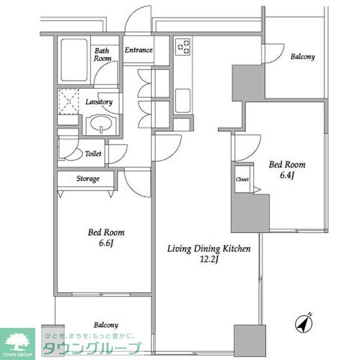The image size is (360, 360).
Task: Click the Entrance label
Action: (x=138, y=50)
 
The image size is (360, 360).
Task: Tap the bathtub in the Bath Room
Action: (x=75, y=59)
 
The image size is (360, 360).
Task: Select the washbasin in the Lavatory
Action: (x=100, y=123)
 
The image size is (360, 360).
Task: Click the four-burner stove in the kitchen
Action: (x=184, y=47)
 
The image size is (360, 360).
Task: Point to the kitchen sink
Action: (x=184, y=101)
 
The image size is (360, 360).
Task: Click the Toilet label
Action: (x=92, y=153)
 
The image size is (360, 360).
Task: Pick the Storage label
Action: (x=88, y=179)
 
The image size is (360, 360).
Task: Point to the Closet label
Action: (x=242, y=179)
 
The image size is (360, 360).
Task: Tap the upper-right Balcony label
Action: (x=303, y=57)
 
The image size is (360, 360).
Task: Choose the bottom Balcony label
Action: (x=106, y=325)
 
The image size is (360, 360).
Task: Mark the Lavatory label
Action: (x=99, y=102)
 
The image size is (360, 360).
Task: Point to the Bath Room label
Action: (x=102, y=55)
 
